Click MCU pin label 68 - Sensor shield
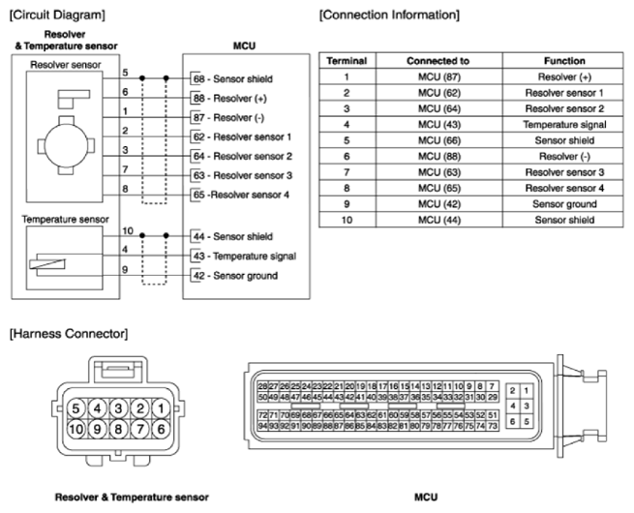coord(233,78)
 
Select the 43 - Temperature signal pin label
coord(245,256)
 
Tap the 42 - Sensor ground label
coord(235,276)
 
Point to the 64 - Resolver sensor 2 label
coord(243,156)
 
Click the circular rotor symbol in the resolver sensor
coord(66,145)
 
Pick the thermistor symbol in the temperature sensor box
coord(47,264)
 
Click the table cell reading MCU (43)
coord(439,125)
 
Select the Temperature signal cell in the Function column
coord(564,125)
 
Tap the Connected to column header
coord(438,61)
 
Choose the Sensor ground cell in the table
coord(564,204)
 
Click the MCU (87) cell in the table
coord(439,76)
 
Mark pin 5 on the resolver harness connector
coord(75,408)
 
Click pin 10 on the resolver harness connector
coord(75,429)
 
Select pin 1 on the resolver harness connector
coord(161,408)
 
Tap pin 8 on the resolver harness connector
coord(118,429)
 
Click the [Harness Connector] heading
coord(69,334)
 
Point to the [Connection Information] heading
coord(389,15)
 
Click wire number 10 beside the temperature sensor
coord(128,230)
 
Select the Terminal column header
coord(347,61)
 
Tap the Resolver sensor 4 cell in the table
coord(564,189)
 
